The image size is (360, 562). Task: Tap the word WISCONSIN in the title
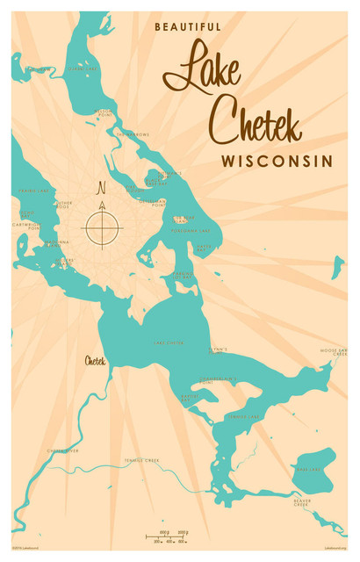tap(277, 162)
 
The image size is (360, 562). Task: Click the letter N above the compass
tap(102, 187)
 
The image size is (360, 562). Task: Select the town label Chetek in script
tap(96, 360)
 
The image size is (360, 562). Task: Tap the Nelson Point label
tap(104, 113)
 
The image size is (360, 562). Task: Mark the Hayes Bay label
tap(205, 249)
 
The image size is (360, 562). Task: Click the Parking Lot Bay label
tap(182, 276)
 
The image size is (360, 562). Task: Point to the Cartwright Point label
tap(28, 226)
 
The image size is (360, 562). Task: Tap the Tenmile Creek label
tap(141, 459)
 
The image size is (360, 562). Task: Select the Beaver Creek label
tap(303, 503)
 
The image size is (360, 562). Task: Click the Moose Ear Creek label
tap(334, 351)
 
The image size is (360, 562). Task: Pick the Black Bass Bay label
tap(155, 182)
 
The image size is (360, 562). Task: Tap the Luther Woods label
tap(62, 205)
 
